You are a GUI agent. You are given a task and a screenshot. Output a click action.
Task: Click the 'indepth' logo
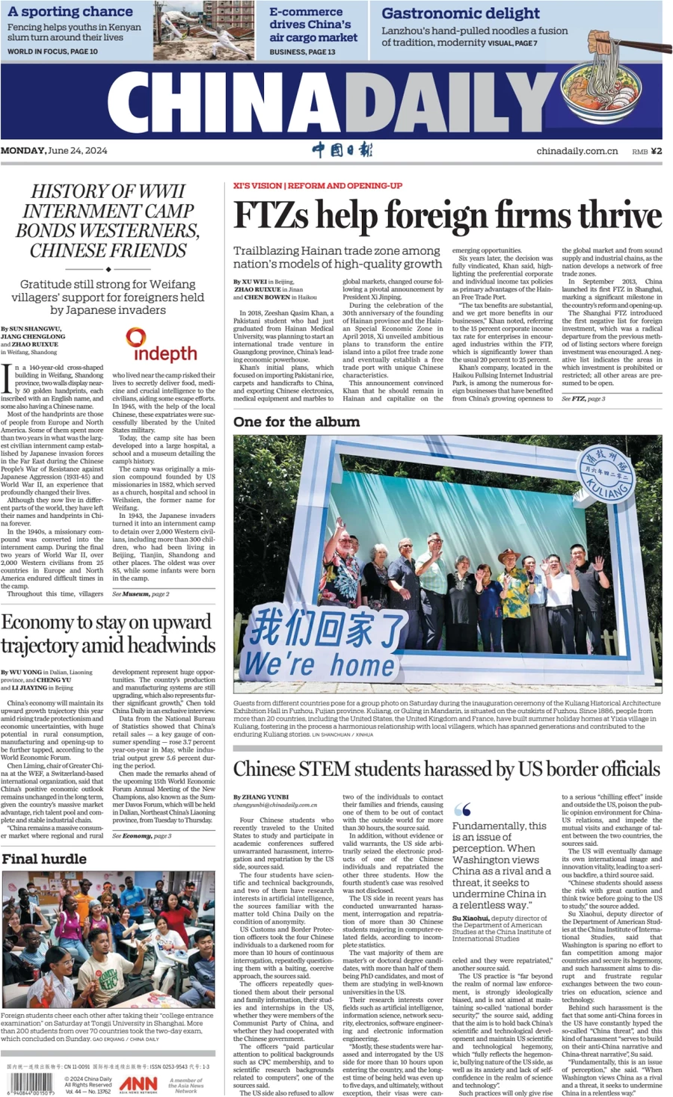point(161,347)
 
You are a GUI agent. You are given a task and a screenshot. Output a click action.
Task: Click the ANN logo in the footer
point(138,1084)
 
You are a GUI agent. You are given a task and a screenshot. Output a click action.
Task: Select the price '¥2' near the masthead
point(656,151)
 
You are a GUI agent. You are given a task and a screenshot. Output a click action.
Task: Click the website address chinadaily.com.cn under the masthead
point(577,151)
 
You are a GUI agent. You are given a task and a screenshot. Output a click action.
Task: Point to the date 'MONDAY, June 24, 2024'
point(54,150)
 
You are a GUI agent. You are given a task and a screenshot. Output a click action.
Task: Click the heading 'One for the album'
point(296,422)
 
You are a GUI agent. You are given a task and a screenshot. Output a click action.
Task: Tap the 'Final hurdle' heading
point(44,859)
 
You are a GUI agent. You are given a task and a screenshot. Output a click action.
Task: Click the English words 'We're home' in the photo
point(319,664)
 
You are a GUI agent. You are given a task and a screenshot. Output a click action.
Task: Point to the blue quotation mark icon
point(462,810)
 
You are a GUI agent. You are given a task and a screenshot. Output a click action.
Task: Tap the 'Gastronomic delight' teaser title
point(460,13)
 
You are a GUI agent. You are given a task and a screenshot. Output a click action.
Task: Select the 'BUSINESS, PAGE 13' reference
point(302,52)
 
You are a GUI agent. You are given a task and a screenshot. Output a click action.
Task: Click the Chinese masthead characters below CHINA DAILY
point(342,150)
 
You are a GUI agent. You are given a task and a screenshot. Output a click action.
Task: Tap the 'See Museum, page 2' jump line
point(141,594)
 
